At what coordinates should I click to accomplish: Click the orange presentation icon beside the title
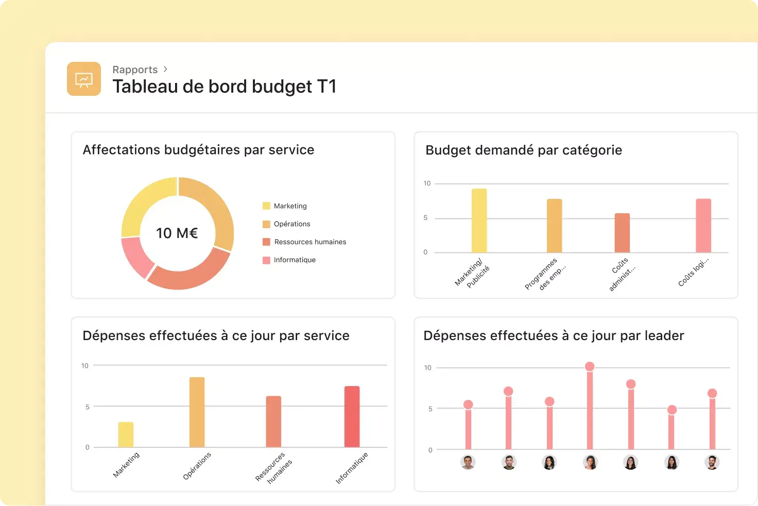tap(83, 79)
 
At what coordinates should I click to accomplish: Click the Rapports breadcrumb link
tap(135, 70)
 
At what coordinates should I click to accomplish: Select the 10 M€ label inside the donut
tap(177, 233)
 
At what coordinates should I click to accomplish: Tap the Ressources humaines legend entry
tap(309, 242)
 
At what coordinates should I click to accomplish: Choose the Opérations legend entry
tap(291, 224)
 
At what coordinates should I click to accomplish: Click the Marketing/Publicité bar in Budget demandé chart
tap(479, 221)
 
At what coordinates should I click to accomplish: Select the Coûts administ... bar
tap(622, 233)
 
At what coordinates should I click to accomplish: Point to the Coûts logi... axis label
tap(693, 272)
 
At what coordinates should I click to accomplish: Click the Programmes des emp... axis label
tap(545, 275)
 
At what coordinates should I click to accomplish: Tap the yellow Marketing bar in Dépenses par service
tap(126, 434)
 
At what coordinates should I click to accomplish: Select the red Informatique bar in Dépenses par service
tap(352, 416)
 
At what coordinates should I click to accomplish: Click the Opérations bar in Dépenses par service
tap(197, 412)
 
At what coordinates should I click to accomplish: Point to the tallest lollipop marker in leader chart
tap(590, 366)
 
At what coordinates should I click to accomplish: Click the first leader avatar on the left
tap(468, 462)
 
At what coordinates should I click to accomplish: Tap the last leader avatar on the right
tap(712, 462)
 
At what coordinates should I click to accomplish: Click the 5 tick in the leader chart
tap(430, 409)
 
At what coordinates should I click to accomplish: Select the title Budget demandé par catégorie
tap(523, 150)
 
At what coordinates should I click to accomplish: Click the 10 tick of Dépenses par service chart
tap(85, 366)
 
